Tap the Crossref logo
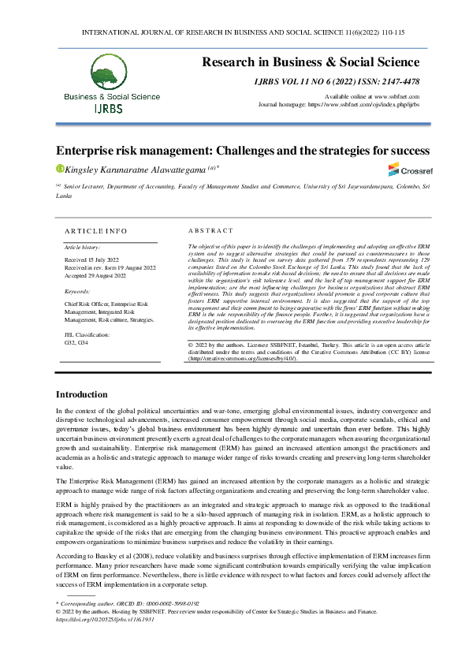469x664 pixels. [x=405, y=170]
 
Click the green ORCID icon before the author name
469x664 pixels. [x=59, y=168]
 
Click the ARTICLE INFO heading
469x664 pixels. [x=95, y=231]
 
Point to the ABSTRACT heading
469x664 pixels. [x=210, y=231]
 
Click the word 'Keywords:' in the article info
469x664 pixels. [x=77, y=292]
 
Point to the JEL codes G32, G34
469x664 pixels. [x=76, y=343]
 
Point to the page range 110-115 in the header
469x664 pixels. [x=391, y=32]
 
